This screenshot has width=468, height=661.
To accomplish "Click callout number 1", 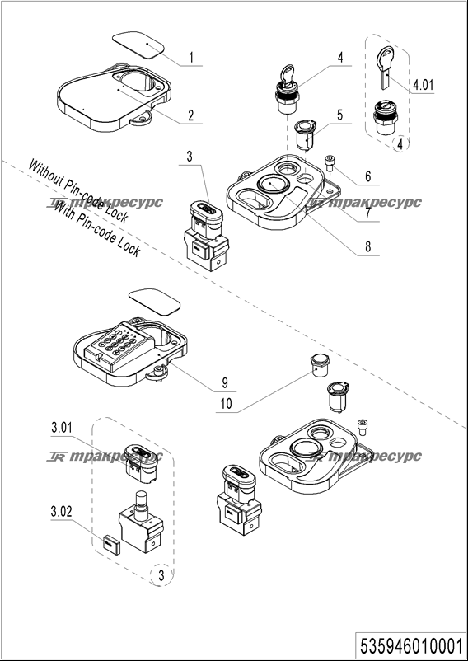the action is pyautogui.click(x=191, y=57).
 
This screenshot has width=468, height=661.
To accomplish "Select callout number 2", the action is pyautogui.click(x=191, y=115).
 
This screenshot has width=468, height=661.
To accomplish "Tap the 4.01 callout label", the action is pyautogui.click(x=423, y=85).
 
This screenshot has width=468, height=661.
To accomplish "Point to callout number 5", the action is pyautogui.click(x=339, y=115).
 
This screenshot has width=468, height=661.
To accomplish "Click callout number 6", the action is pyautogui.click(x=367, y=176).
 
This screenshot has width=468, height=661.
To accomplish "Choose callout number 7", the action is pyautogui.click(x=367, y=213).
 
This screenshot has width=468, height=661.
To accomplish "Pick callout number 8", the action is pyautogui.click(x=367, y=246).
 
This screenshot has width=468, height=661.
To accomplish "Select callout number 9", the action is pyautogui.click(x=225, y=382).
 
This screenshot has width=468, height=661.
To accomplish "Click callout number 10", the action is pyautogui.click(x=227, y=404).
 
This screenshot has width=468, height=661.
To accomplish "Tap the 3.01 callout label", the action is pyautogui.click(x=62, y=428).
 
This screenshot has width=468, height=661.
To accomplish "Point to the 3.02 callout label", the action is pyautogui.click(x=62, y=512).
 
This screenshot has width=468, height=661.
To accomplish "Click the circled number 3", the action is pyautogui.click(x=161, y=575).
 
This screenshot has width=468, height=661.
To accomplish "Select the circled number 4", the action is pyautogui.click(x=400, y=144).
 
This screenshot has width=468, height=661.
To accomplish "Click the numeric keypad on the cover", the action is pyautogui.click(x=117, y=345).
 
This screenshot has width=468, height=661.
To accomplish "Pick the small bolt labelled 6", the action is pyautogui.click(x=330, y=163).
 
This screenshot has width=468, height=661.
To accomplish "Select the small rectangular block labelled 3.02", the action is pyautogui.click(x=111, y=543).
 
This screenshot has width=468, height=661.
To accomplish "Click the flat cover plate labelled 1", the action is pyautogui.click(x=138, y=44).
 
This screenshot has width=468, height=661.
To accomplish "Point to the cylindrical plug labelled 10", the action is pyautogui.click(x=321, y=365).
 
